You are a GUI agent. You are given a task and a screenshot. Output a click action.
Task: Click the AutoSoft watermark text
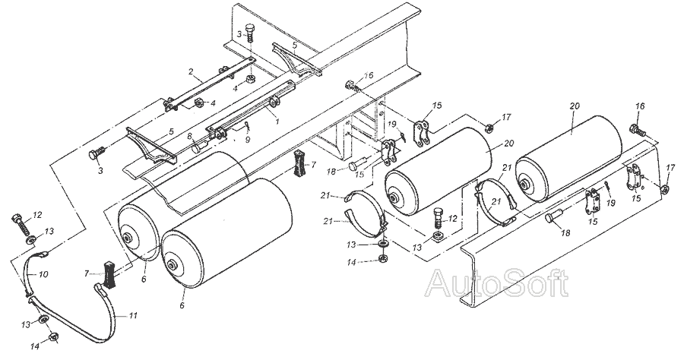coord(497,283)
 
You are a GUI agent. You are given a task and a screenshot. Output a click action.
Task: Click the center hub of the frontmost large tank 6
coord(176,265)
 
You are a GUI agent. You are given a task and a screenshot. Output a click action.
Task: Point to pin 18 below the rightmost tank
coord(553,219)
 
